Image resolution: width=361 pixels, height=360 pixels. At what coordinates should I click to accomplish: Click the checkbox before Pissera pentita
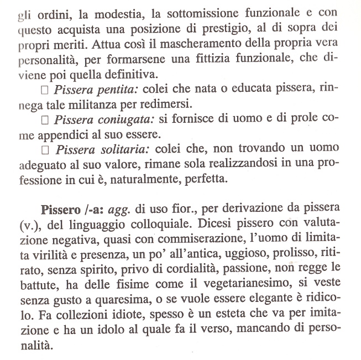(x=46, y=89)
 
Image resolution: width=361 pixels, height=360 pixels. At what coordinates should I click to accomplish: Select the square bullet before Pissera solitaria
(x=46, y=149)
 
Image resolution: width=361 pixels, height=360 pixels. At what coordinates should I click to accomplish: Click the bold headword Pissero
(x=62, y=211)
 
